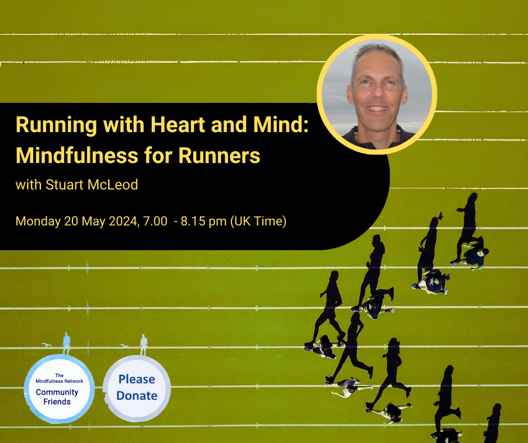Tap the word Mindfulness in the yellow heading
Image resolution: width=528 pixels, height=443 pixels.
click(x=77, y=155)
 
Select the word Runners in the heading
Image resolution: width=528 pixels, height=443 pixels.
click(x=219, y=155)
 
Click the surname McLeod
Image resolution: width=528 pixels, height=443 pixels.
click(x=112, y=184)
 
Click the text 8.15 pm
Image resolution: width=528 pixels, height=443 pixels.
click(x=203, y=221)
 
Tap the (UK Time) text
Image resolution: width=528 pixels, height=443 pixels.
click(x=258, y=221)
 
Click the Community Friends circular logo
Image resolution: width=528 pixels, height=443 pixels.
click(x=60, y=388)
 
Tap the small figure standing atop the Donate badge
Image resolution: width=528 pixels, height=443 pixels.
click(x=144, y=345)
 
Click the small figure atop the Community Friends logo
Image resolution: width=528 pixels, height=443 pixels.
click(x=67, y=343)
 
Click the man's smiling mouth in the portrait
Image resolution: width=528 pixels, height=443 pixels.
click(x=377, y=109)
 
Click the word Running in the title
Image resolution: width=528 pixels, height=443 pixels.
click(x=56, y=125)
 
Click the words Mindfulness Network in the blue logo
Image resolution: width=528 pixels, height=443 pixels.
click(x=60, y=381)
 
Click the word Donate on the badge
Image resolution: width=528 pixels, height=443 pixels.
click(x=136, y=395)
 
